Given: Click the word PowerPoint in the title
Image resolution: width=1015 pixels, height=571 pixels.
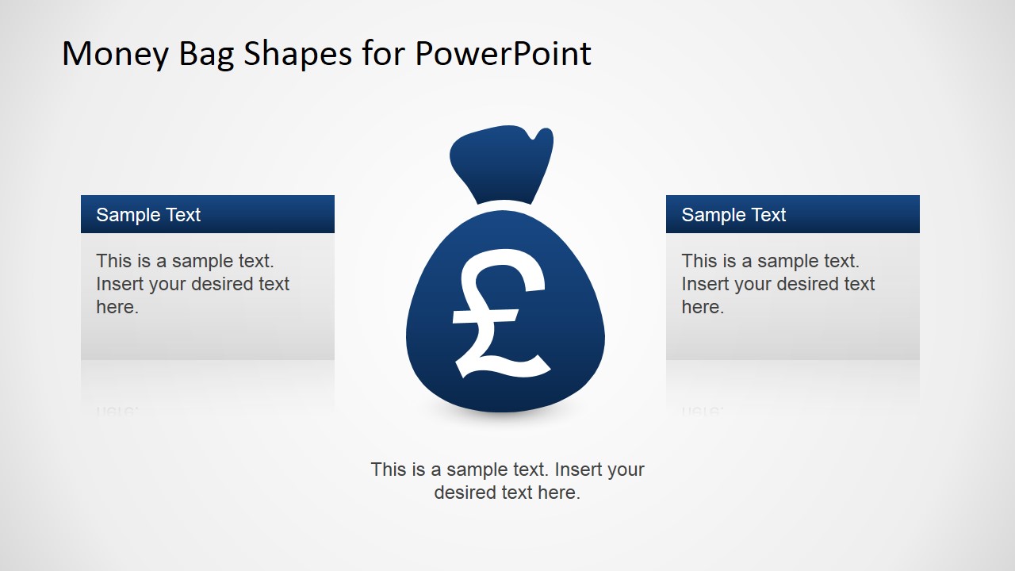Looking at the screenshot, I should coord(503,54).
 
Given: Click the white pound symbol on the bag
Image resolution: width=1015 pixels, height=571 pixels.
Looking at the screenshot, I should coord(500,313).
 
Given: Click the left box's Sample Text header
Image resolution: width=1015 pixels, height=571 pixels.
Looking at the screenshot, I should coord(148,215).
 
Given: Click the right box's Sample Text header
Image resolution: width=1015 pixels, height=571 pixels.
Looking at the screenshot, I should coord(733,215).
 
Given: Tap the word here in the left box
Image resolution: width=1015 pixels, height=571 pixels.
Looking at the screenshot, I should coord(116,308).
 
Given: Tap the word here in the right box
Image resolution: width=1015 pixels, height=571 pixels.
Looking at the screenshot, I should coord(701,308).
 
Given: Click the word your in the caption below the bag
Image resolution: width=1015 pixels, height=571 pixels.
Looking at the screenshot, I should coord(625,470).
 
